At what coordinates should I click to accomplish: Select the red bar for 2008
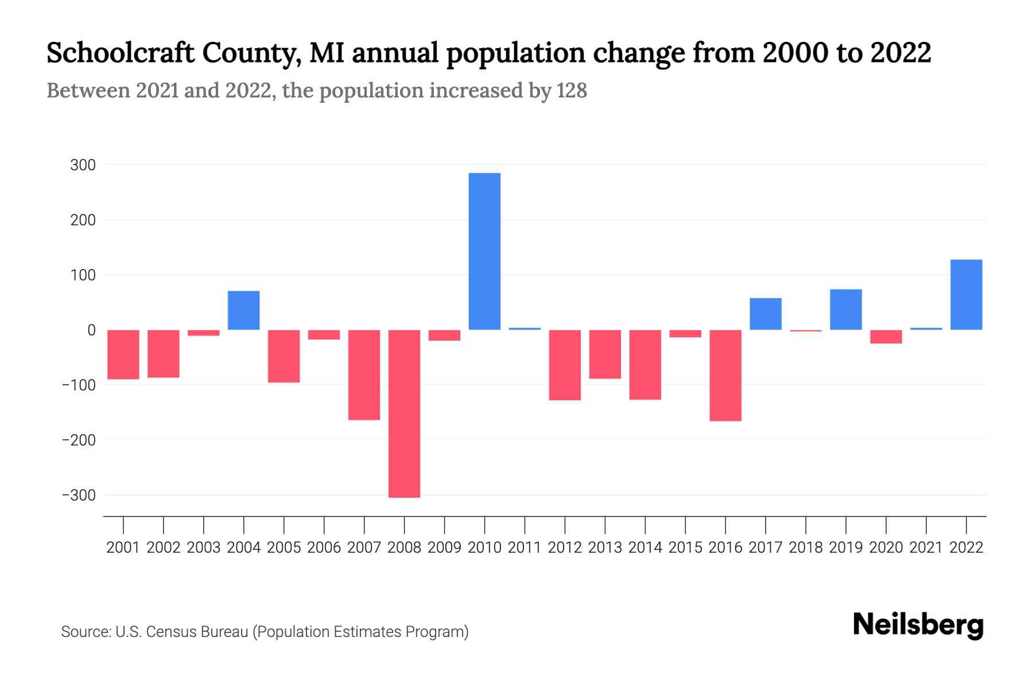coord(404,413)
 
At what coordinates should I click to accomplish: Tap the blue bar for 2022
coord(966,295)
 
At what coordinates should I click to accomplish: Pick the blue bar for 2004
coord(243,310)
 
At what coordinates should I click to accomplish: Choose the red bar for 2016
coord(725,376)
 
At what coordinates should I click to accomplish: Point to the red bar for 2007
coord(364,375)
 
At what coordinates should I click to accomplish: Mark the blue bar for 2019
coord(846,310)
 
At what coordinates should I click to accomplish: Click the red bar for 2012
coord(565,365)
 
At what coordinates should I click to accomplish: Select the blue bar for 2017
coord(766,314)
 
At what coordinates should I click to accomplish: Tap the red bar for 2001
coord(123,354)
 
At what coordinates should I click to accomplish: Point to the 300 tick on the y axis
coord(83,165)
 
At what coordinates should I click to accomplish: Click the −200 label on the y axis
coord(79,440)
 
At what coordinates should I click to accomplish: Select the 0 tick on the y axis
coord(91,330)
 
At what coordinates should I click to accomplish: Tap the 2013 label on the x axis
coord(605,548)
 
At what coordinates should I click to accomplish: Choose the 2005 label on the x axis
coord(284,548)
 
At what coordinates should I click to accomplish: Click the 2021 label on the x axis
coord(926,548)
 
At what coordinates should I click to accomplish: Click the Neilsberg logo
coord(918,626)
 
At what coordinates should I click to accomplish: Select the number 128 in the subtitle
coord(572,91)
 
